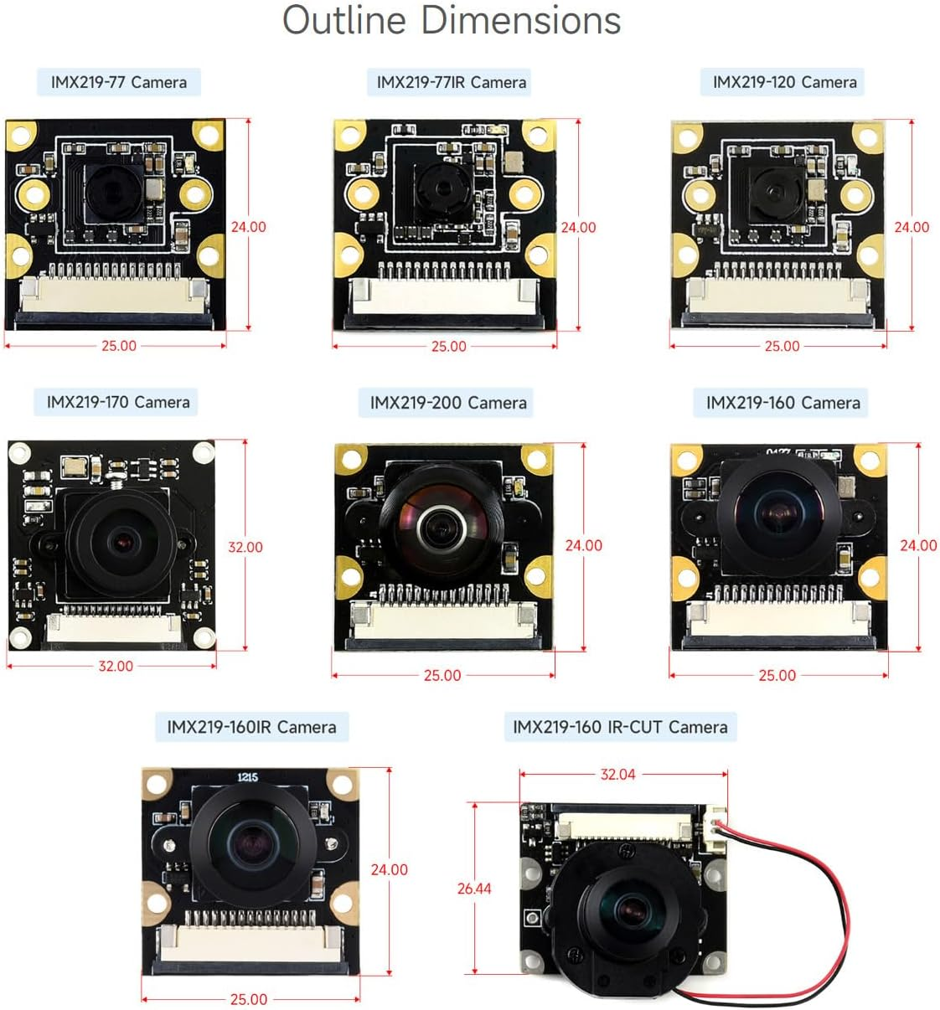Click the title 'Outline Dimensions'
pos(451,20)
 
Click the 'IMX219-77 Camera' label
pos(118,82)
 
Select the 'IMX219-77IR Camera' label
pos(451,82)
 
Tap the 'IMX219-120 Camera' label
pos(784,82)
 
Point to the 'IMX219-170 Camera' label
pos(118,402)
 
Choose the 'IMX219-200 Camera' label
pos(448,403)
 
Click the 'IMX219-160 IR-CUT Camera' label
pos(620,727)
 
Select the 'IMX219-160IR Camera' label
pos(251,727)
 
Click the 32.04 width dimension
pos(617,775)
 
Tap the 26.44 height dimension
pos(474,889)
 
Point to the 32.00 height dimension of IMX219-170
pos(245,547)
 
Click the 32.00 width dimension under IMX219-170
pos(116,667)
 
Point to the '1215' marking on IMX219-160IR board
pos(247,777)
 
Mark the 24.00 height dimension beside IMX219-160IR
pos(390,870)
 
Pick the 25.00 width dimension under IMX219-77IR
pos(448,347)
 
